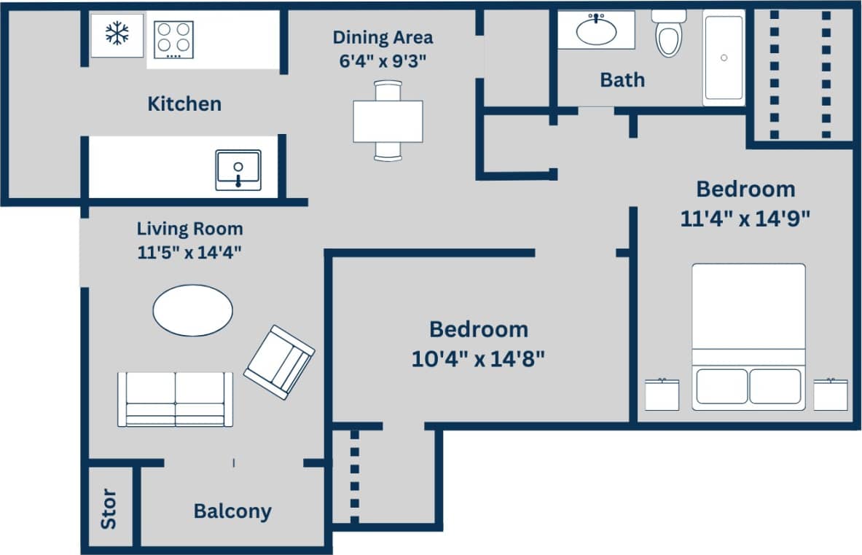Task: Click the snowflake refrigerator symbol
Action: (117, 34)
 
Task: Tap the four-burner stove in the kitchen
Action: (173, 40)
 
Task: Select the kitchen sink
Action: (238, 170)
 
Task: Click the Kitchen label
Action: (184, 103)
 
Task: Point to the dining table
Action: (388, 121)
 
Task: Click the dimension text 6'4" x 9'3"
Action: (383, 60)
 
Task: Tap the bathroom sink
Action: (596, 31)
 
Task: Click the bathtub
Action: (724, 58)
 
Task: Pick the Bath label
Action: (622, 79)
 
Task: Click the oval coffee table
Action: (192, 310)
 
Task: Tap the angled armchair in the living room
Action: (279, 362)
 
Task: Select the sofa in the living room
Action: (175, 399)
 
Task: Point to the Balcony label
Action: (232, 511)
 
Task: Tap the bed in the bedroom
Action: (748, 335)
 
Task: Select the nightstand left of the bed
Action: (662, 394)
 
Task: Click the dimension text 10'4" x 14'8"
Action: (478, 359)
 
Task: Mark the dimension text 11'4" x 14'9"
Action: (745, 219)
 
